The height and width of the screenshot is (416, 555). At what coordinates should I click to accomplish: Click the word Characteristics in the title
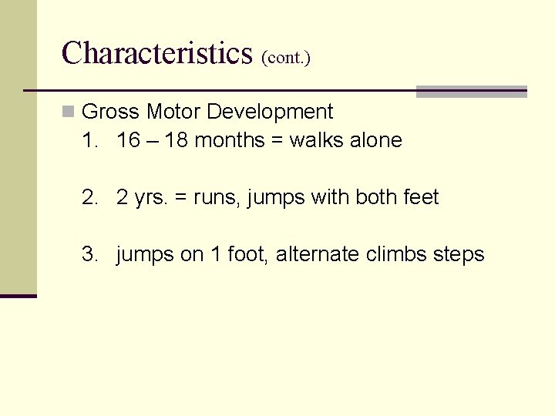point(156,53)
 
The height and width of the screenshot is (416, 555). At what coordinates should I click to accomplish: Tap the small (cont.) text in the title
point(286,58)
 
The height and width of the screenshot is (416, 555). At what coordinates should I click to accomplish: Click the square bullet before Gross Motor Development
point(69,112)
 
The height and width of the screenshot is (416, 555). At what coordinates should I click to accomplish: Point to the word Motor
point(173,112)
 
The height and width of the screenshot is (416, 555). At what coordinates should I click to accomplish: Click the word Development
point(270,112)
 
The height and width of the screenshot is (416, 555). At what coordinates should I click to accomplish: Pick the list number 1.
point(88,140)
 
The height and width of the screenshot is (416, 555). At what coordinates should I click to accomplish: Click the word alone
point(376,140)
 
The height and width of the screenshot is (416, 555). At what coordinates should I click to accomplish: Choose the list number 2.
point(88,197)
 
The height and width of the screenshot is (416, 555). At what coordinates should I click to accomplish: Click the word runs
point(219,198)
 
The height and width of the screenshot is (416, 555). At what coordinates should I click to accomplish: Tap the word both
point(377,197)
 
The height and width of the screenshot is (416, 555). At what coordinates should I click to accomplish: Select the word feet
point(421,197)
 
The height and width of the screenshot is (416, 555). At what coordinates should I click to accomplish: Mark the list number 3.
point(88,254)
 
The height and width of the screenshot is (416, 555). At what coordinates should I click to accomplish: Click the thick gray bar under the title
point(471,92)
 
